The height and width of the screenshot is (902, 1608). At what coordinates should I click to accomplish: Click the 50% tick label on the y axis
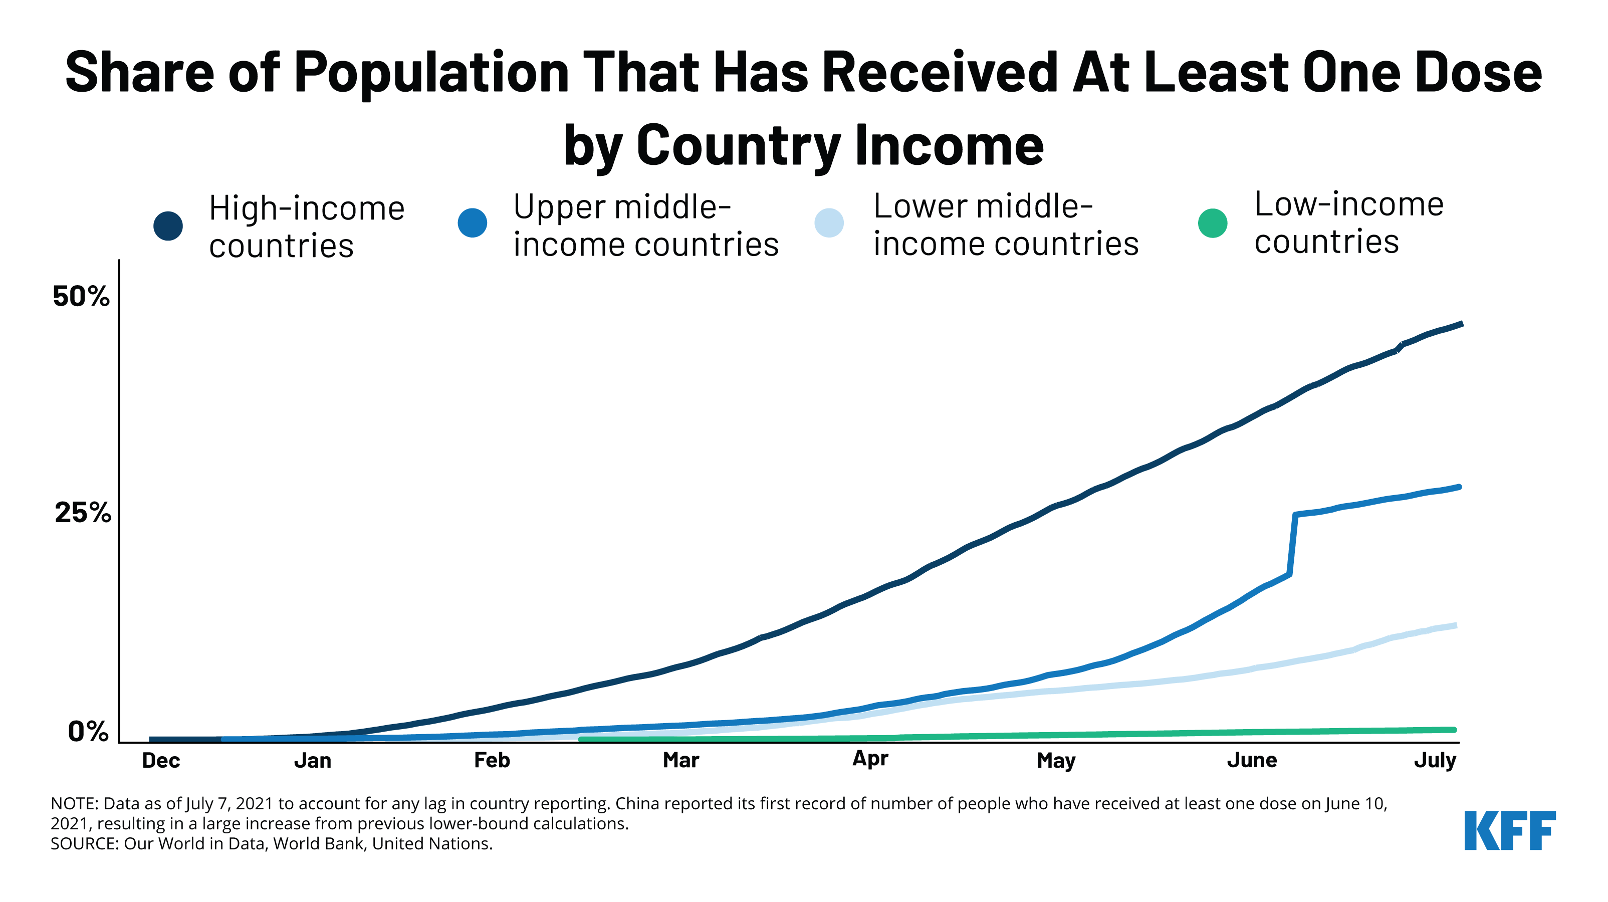[x=81, y=297]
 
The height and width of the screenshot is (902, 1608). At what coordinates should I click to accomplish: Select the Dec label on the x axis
[x=161, y=760]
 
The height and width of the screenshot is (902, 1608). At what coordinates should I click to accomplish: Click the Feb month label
[x=492, y=760]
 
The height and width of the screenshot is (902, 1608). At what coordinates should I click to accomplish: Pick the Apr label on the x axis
[x=870, y=759]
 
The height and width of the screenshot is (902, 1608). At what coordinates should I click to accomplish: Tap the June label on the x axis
[x=1252, y=760]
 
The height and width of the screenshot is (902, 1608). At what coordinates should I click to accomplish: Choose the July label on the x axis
[x=1435, y=760]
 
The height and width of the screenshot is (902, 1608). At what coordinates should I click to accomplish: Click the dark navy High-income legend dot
[x=168, y=226]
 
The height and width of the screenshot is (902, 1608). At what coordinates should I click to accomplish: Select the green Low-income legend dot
[x=1212, y=223]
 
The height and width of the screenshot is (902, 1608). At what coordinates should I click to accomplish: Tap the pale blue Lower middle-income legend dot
[x=829, y=223]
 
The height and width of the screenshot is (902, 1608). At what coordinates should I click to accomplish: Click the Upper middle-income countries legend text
[x=645, y=225]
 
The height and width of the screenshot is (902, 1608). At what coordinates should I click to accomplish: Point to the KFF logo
[x=1509, y=830]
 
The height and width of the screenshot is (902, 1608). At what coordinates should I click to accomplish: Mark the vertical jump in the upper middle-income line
[x=1292, y=544]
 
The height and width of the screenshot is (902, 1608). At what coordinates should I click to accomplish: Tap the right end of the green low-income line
[x=1454, y=730]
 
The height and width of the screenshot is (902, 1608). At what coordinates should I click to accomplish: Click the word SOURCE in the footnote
[x=84, y=844]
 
